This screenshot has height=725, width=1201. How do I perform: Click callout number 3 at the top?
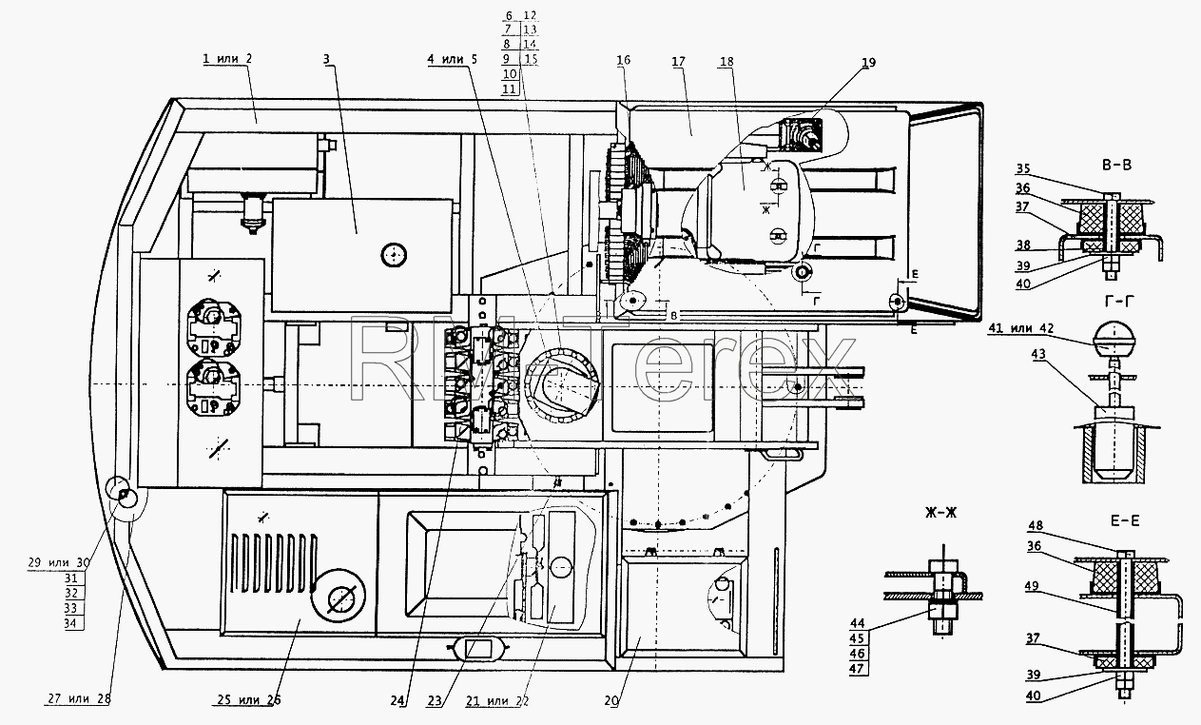click(x=326, y=59)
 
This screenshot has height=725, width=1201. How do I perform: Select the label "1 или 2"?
click(x=227, y=58)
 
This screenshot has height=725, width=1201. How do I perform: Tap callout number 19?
click(x=868, y=62)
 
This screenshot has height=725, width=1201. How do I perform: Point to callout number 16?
click(x=623, y=60)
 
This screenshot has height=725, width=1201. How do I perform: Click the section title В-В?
click(x=1116, y=165)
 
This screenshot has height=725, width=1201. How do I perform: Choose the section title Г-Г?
click(x=1119, y=303)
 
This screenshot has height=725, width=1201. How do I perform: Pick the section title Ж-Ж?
click(x=941, y=513)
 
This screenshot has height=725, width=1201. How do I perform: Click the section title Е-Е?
click(x=1122, y=520)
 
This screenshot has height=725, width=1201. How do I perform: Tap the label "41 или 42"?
click(x=1021, y=328)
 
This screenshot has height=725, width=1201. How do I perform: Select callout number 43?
click(x=1038, y=354)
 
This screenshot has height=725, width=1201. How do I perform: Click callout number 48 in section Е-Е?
click(x=1036, y=525)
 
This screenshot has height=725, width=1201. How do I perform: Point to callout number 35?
click(x=1023, y=168)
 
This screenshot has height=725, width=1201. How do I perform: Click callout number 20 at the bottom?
click(x=611, y=701)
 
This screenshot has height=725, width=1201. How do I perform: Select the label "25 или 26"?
click(x=249, y=699)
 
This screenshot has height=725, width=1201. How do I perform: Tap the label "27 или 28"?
click(x=79, y=698)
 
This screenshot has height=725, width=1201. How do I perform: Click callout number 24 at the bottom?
click(x=397, y=701)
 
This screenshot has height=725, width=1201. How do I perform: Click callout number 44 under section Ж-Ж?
click(x=858, y=623)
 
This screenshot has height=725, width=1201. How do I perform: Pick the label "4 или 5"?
click(x=452, y=59)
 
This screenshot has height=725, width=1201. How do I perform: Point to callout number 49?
click(x=1032, y=585)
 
